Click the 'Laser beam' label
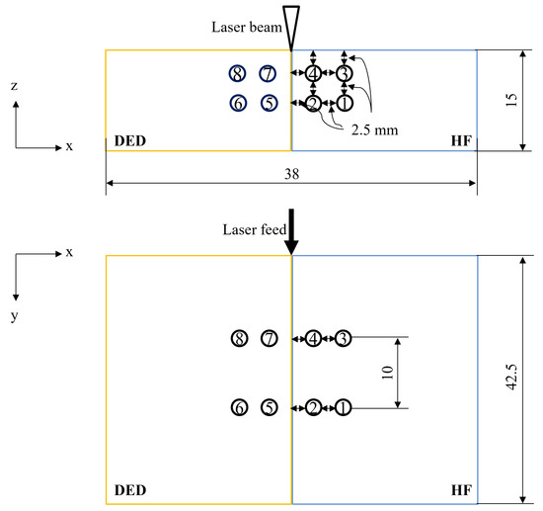pyautogui.click(x=247, y=27)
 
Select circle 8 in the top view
pyautogui.click(x=238, y=73)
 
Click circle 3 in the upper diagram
pyautogui.click(x=344, y=73)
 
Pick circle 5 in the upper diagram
pyautogui.click(x=269, y=103)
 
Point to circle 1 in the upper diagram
pyautogui.click(x=344, y=103)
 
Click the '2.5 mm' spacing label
pyautogui.click(x=374, y=130)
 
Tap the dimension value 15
pyautogui.click(x=511, y=100)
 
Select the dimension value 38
pyautogui.click(x=292, y=174)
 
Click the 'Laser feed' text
pyautogui.click(x=255, y=229)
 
